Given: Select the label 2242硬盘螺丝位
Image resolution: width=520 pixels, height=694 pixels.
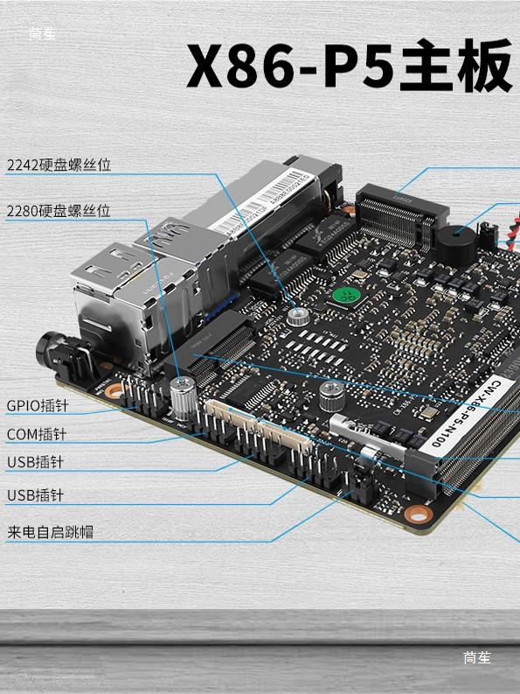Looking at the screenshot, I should pyautogui.click(x=59, y=165).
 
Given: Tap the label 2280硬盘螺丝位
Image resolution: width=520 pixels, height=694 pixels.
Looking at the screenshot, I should pyautogui.click(x=59, y=211).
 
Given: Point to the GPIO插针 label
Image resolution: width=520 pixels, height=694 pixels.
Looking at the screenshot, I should pyautogui.click(x=37, y=406).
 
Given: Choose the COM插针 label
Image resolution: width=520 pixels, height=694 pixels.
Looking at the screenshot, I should pyautogui.click(x=37, y=434).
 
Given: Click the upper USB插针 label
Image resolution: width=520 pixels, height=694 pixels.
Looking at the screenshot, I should pyautogui.click(x=36, y=462).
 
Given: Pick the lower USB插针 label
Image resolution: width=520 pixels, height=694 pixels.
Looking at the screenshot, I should pyautogui.click(x=36, y=495).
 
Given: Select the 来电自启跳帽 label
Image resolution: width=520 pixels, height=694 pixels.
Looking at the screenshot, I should pyautogui.click(x=50, y=531).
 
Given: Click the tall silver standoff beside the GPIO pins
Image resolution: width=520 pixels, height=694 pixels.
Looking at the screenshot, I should pyautogui.click(x=183, y=399).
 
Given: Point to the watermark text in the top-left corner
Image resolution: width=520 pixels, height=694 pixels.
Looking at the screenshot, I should pyautogui.click(x=41, y=34).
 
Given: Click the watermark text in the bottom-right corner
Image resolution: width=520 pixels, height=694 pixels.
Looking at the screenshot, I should pyautogui.click(x=477, y=658).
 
